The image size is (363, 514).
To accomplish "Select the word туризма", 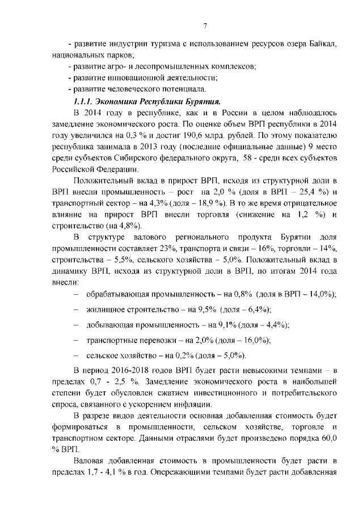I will pyautogui.click(x=147, y=45).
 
